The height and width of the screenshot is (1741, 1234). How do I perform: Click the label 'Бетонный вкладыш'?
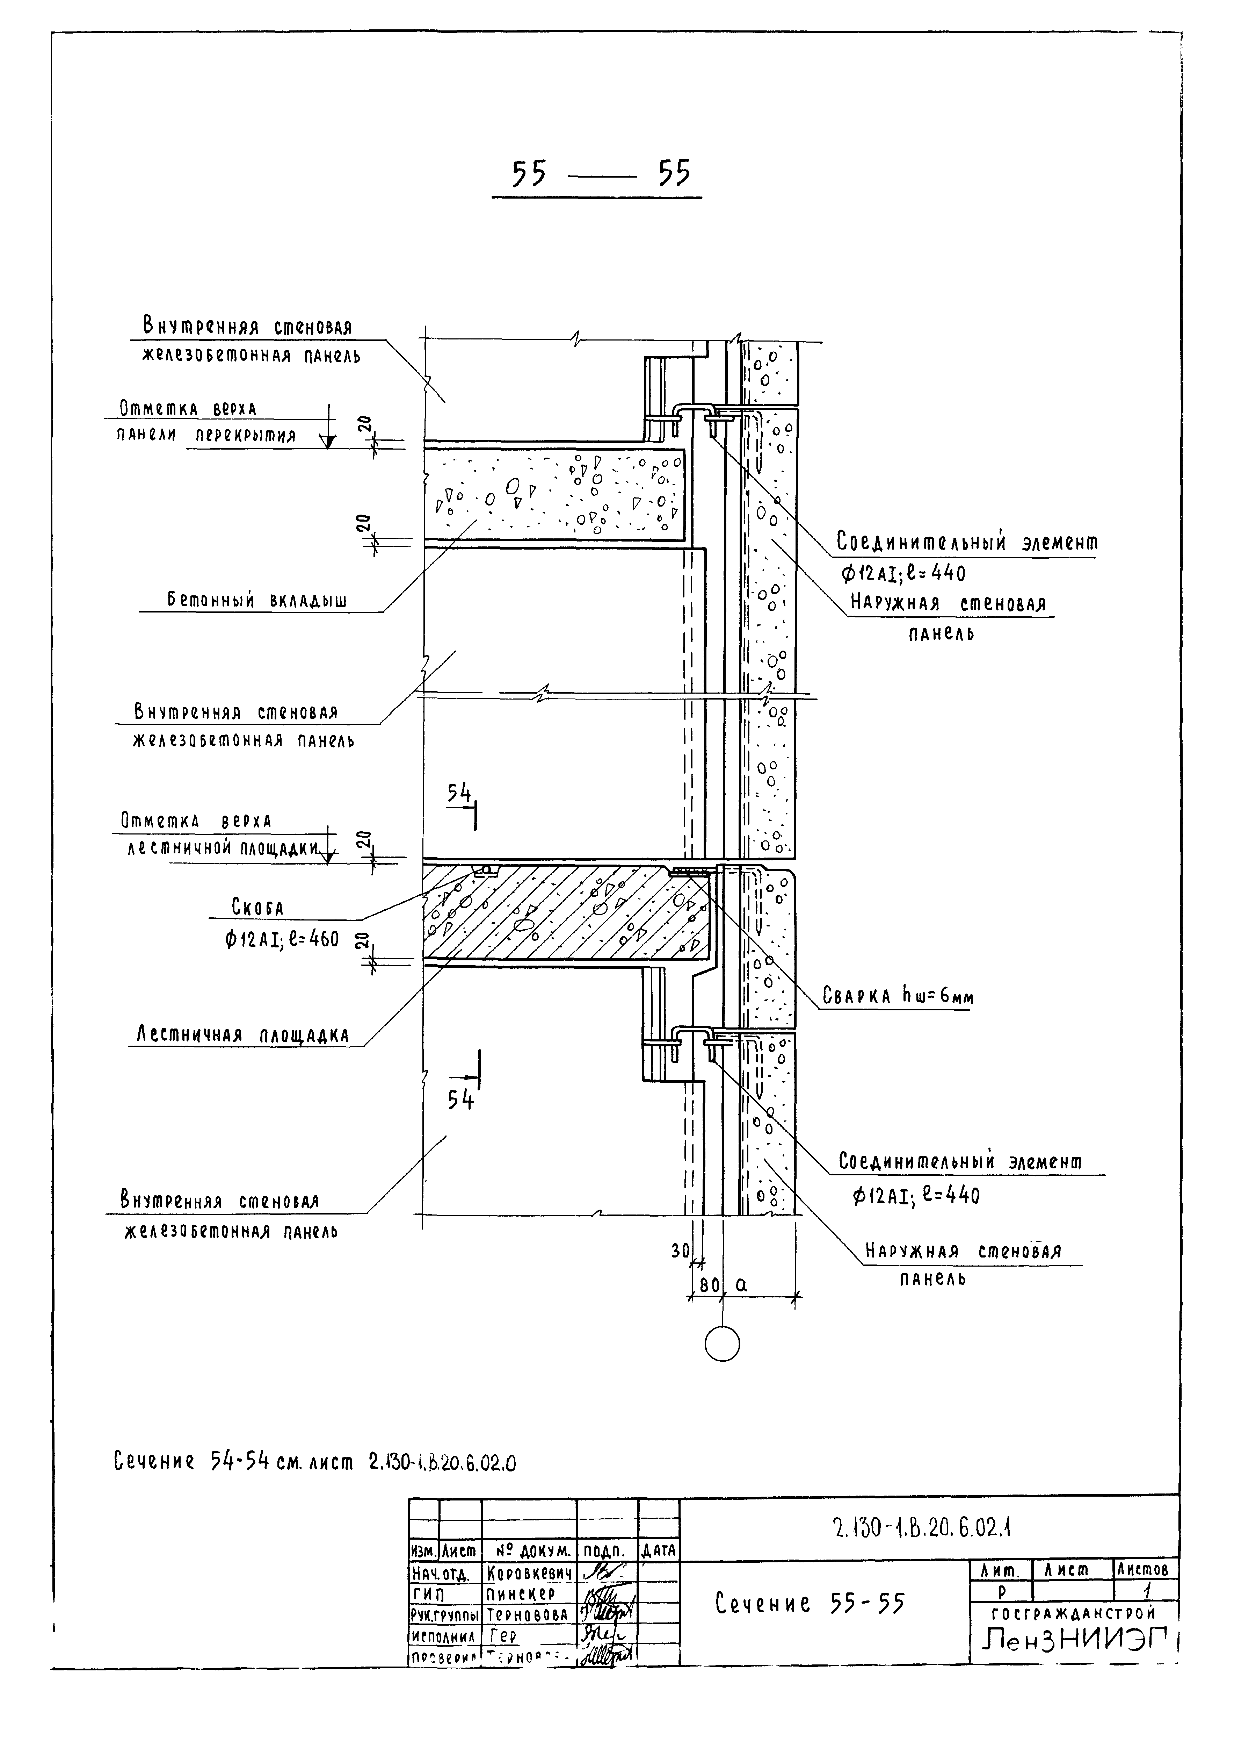[257, 601]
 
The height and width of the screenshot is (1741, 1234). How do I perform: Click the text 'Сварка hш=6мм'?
[898, 996]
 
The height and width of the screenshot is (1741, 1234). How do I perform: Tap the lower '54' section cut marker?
[460, 1099]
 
